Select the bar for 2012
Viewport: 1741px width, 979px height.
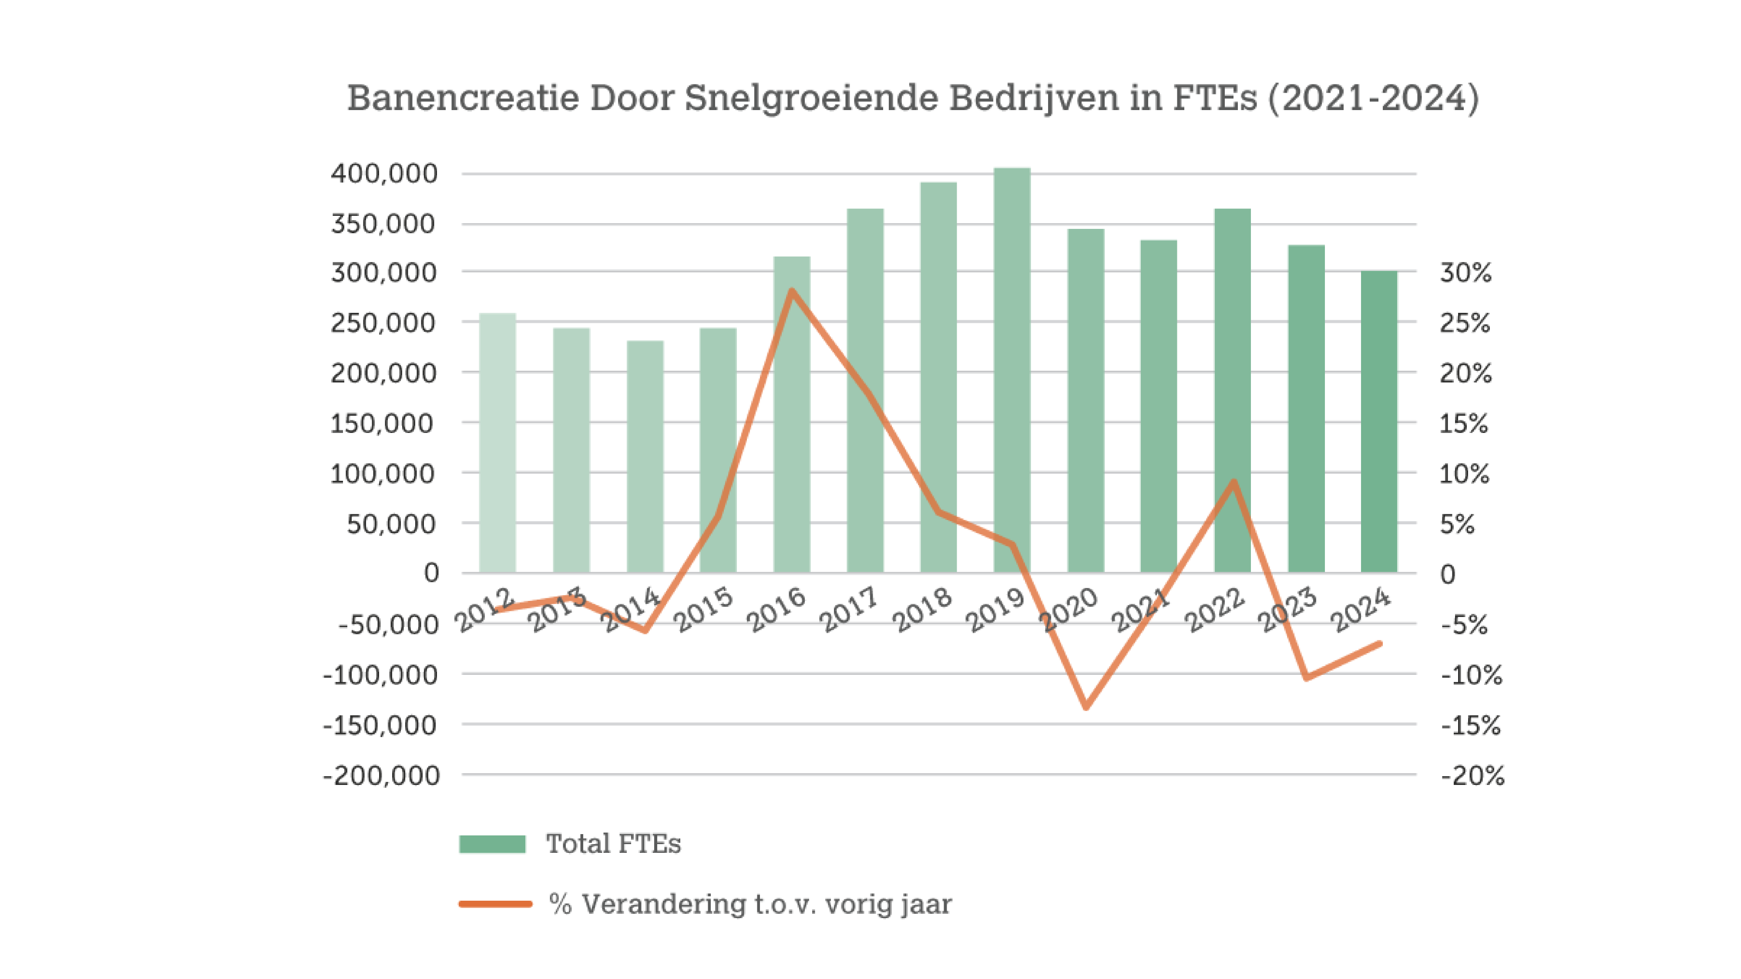point(497,443)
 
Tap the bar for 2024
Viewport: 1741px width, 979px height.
point(1379,422)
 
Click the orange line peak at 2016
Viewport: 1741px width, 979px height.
point(791,291)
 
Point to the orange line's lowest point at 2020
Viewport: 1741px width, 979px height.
point(1086,707)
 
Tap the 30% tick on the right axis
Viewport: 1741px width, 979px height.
point(1465,272)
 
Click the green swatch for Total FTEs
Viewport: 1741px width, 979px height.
point(492,844)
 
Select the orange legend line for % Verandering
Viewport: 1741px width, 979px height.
point(495,903)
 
